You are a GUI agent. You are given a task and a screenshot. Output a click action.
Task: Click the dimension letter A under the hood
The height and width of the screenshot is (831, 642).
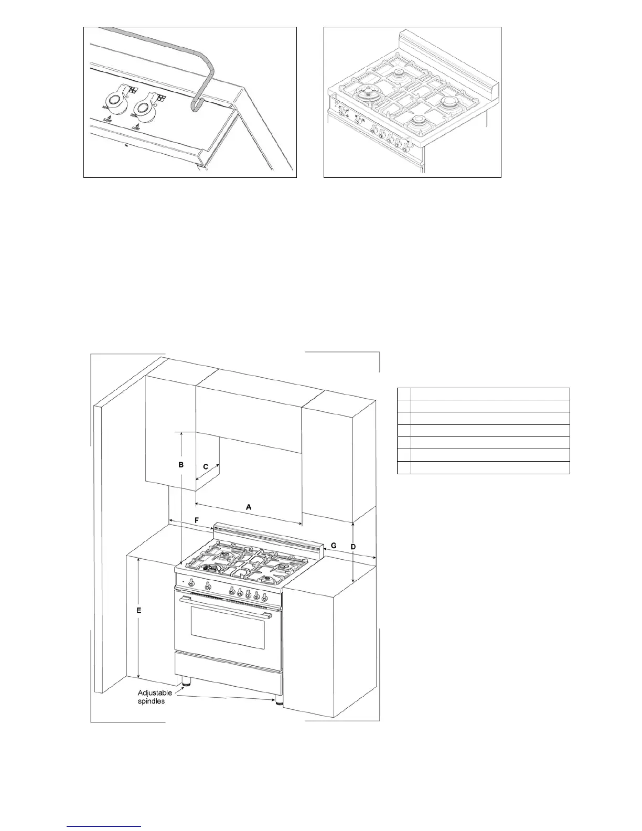(249, 507)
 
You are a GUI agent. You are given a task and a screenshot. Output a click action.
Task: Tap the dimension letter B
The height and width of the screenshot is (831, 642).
(180, 465)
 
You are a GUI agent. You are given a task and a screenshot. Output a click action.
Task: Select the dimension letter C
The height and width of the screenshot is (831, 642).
(206, 466)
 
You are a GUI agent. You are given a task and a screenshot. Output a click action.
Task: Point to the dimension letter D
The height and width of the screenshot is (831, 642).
(353, 547)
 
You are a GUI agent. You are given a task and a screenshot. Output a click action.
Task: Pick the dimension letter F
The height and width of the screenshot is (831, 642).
(196, 520)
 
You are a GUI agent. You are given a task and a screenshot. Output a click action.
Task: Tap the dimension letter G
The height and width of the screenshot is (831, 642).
(333, 546)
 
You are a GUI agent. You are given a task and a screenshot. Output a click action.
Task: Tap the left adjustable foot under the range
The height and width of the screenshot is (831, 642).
(186, 683)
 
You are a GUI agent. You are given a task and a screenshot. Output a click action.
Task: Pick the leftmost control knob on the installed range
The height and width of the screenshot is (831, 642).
(191, 583)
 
